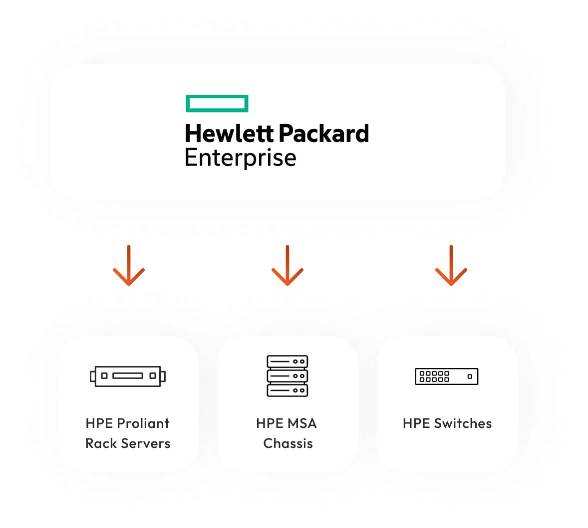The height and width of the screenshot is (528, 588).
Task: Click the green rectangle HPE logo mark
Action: (x=217, y=103)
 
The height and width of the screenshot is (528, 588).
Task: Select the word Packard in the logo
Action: (x=323, y=134)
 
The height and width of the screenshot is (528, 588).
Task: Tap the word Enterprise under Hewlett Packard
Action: (x=240, y=158)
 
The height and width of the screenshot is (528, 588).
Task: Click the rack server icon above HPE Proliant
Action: (x=128, y=376)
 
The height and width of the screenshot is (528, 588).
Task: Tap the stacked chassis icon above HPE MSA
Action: (x=288, y=376)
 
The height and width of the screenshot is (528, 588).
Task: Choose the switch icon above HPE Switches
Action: (x=447, y=376)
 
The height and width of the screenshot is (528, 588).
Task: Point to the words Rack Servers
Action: (x=128, y=443)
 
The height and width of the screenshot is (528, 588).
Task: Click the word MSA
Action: (x=301, y=423)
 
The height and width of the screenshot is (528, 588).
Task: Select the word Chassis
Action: (x=288, y=443)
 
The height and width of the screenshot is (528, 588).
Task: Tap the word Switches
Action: (x=463, y=423)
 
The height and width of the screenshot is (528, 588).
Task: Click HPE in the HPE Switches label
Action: (x=416, y=423)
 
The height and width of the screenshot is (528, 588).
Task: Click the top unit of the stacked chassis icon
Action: (x=288, y=361)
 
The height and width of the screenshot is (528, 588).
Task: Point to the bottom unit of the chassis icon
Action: (x=288, y=390)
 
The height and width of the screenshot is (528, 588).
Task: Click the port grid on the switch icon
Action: (x=434, y=376)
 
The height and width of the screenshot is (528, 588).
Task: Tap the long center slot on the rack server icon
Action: (x=128, y=376)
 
